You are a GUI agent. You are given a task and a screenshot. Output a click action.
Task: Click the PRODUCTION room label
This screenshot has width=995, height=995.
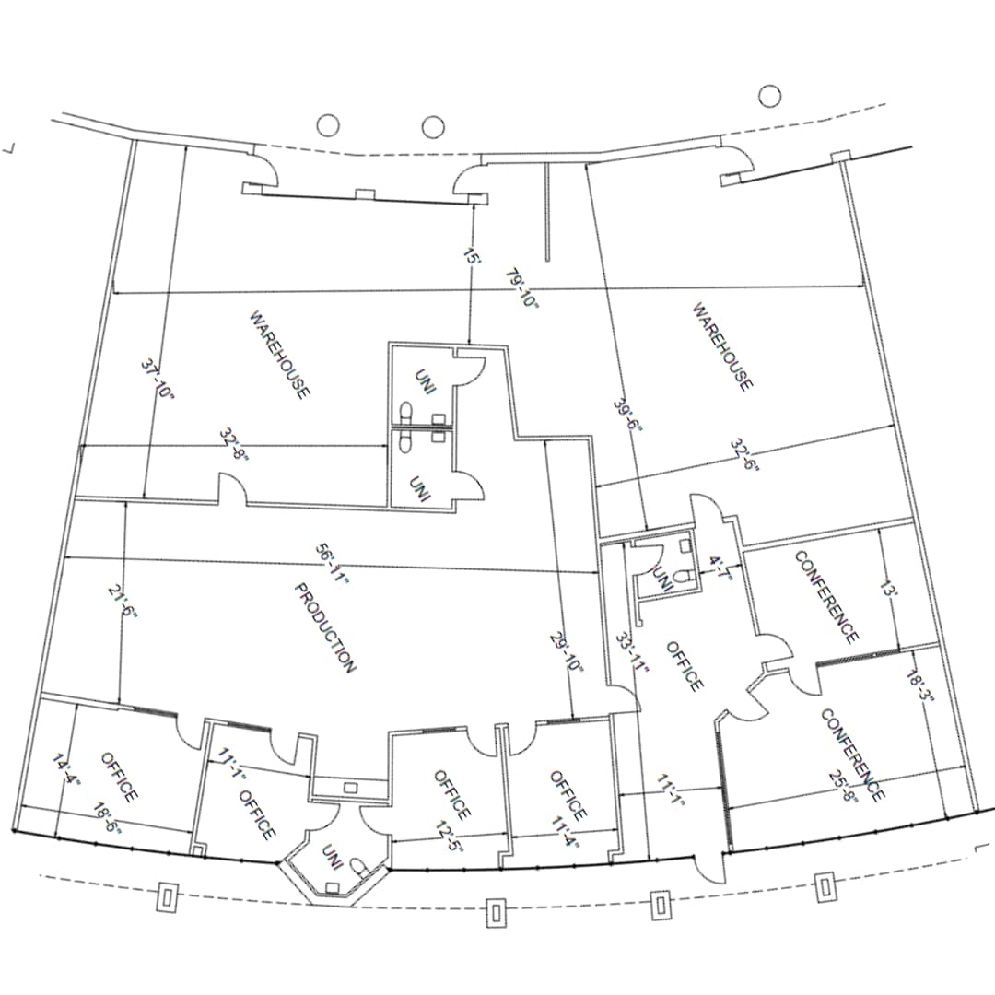tap(325, 627)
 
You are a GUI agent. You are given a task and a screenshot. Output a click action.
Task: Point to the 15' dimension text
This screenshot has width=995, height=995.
tap(471, 257)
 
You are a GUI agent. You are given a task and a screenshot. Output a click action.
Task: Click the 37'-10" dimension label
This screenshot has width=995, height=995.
tap(158, 379)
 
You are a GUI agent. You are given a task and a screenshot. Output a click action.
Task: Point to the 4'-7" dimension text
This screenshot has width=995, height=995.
tap(718, 568)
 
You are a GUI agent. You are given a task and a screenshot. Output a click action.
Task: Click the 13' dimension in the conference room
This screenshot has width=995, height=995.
tap(886, 589)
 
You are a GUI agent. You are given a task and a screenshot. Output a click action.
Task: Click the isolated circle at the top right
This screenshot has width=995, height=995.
tap(769, 94)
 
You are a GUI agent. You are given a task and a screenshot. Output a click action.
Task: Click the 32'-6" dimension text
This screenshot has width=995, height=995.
tap(744, 454)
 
